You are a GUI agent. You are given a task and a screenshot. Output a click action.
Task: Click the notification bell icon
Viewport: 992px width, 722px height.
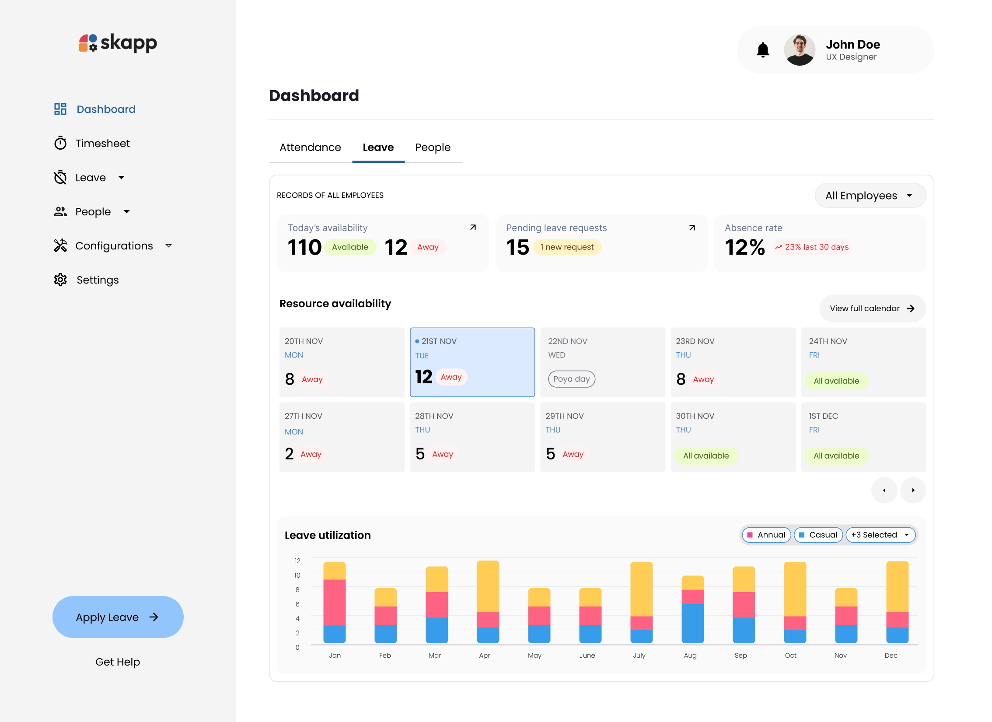coord(763,50)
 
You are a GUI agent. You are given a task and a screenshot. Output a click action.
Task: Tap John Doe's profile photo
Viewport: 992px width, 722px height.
coord(800,50)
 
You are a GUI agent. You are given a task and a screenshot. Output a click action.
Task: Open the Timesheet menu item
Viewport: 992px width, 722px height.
coord(102,144)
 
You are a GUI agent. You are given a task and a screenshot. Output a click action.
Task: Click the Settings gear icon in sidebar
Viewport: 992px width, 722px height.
coord(60,280)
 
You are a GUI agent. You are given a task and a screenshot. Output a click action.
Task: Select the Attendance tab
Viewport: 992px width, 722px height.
coord(310,147)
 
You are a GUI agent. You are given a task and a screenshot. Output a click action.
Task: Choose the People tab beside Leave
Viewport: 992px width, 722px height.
coord(433,147)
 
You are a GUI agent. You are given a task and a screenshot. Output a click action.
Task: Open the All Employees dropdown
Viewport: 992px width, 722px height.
coord(870,196)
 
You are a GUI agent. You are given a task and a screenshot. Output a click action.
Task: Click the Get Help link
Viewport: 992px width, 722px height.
coord(118,662)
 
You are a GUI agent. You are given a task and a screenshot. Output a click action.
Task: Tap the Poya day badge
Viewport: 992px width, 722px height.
coord(571,379)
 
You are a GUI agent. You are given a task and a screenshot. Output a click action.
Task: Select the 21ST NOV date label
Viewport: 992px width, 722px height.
coord(439,341)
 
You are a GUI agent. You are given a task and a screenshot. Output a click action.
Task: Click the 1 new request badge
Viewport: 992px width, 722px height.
coord(567,247)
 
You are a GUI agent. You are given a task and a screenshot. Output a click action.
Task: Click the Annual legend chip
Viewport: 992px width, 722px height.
coord(766,535)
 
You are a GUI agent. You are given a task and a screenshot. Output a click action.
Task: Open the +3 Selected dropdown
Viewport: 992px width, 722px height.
coord(880,535)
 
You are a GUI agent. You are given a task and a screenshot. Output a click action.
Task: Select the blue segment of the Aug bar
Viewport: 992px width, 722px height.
coord(692,623)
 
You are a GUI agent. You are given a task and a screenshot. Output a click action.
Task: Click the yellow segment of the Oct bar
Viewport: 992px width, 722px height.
coord(795,589)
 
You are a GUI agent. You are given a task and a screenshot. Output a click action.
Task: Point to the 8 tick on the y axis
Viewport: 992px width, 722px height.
coord(297,590)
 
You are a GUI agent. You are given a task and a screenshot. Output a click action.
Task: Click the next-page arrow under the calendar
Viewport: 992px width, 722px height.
coord(913,491)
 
